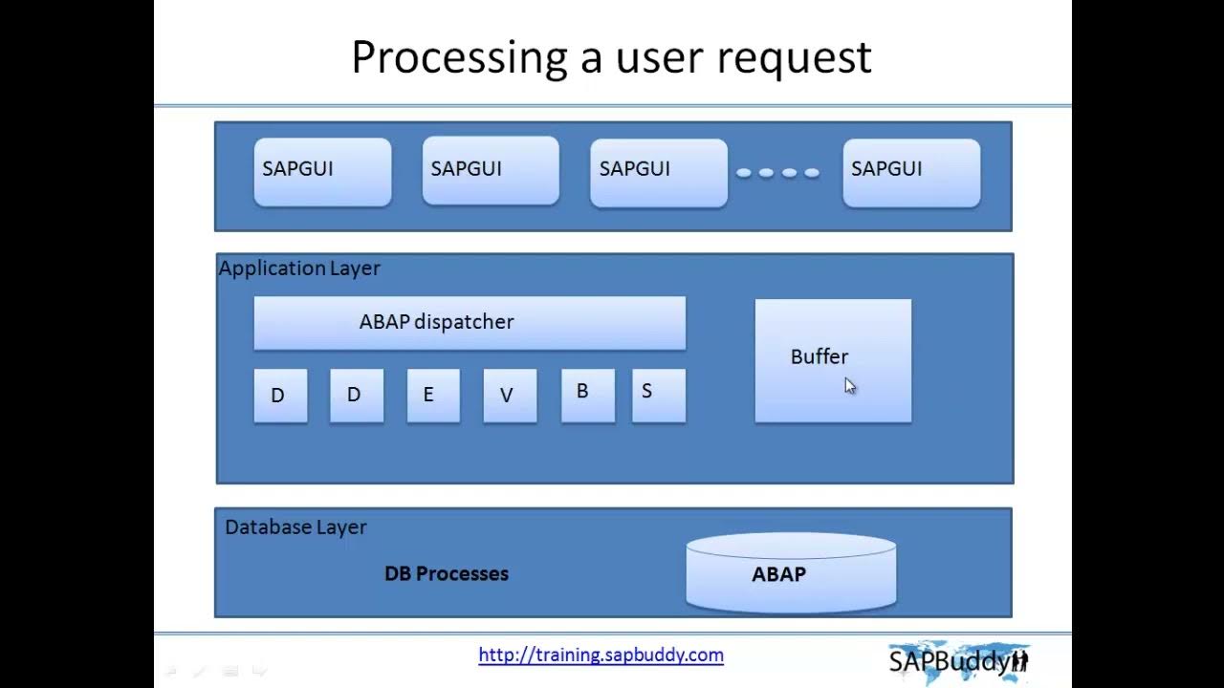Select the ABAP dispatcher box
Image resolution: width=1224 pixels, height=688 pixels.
(x=470, y=322)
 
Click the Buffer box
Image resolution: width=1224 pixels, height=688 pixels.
(x=833, y=360)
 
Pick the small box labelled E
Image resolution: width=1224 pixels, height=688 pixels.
(x=433, y=395)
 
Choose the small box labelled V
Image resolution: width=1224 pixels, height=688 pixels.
(x=510, y=395)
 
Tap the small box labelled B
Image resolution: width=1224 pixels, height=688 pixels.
(x=587, y=395)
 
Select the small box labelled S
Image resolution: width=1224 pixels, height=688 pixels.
(x=658, y=395)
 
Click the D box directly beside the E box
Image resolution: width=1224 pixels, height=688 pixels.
(x=357, y=395)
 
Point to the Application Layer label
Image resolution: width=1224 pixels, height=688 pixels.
(x=299, y=269)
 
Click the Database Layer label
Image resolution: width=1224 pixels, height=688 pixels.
(x=295, y=527)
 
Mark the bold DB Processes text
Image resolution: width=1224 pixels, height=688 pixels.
(x=447, y=574)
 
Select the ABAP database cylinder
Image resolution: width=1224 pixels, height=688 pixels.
(x=791, y=573)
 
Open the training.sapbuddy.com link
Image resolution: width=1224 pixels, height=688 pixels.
(x=601, y=656)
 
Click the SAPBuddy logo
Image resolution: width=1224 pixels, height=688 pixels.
(x=958, y=660)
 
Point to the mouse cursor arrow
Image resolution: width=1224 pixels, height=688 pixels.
(x=849, y=384)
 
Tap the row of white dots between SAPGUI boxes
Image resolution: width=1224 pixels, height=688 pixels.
(x=777, y=173)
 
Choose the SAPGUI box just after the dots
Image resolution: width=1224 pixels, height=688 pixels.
(x=910, y=172)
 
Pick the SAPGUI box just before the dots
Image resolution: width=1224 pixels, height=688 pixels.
(x=659, y=172)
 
